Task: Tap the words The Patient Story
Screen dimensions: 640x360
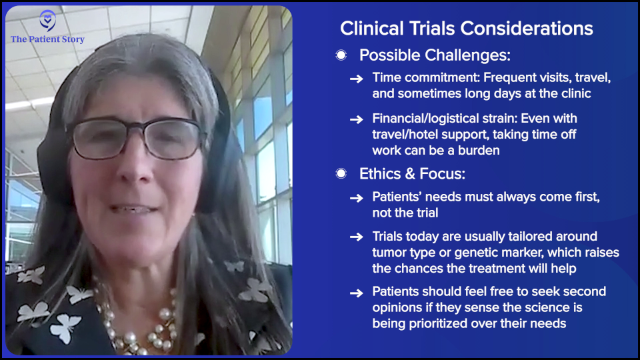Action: pyautogui.click(x=47, y=39)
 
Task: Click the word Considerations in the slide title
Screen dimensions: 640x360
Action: pyautogui.click(x=527, y=29)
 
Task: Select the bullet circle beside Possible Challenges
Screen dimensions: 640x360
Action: pyautogui.click(x=341, y=55)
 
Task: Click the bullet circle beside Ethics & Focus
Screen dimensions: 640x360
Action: pyautogui.click(x=341, y=174)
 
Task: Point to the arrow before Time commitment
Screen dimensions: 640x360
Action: pyautogui.click(x=356, y=79)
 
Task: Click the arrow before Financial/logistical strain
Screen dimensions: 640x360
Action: pyautogui.click(x=356, y=119)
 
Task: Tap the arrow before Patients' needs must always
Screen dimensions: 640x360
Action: pyautogui.click(x=356, y=199)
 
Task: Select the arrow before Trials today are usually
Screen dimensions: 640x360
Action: pyautogui.click(x=356, y=237)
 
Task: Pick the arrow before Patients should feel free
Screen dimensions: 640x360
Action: pyautogui.click(x=356, y=293)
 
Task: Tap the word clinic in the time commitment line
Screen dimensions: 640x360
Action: pyautogui.click(x=576, y=93)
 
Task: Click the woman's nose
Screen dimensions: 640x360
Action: pyautogui.click(x=133, y=163)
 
